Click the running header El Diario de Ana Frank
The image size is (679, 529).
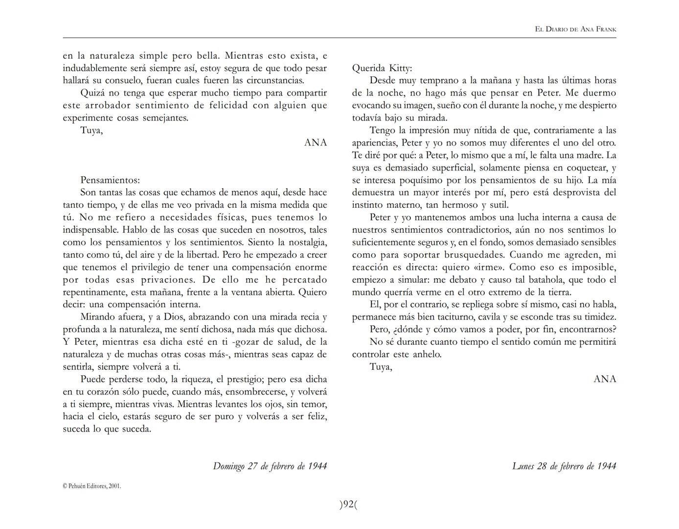[x=576, y=29]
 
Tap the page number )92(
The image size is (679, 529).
[x=348, y=504]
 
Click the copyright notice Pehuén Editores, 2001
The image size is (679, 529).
[x=92, y=486]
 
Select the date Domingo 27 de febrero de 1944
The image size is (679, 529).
[x=270, y=466]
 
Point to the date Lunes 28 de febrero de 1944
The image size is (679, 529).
[x=564, y=466]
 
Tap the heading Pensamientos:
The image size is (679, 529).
[x=110, y=180]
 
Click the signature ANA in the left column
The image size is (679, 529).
[x=316, y=143]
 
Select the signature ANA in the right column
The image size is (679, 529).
[x=605, y=379]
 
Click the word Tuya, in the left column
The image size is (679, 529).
[x=91, y=130]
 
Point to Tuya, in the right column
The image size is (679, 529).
[x=381, y=366]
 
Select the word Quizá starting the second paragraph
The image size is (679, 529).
[x=93, y=93]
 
